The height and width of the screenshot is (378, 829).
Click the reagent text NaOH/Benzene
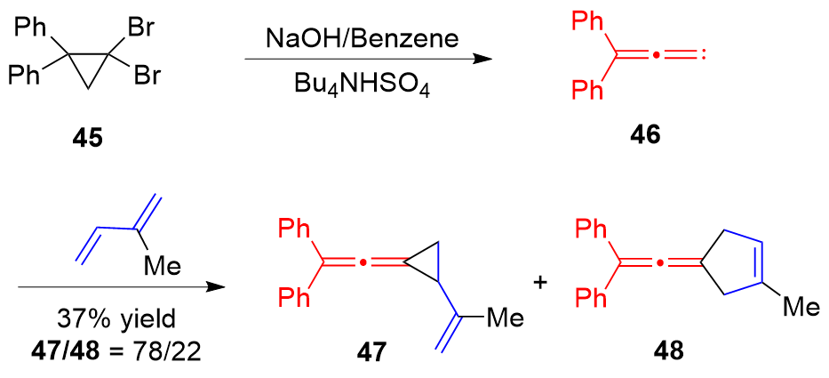tap(364, 39)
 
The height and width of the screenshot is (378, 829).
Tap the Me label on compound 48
tap(800, 308)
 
